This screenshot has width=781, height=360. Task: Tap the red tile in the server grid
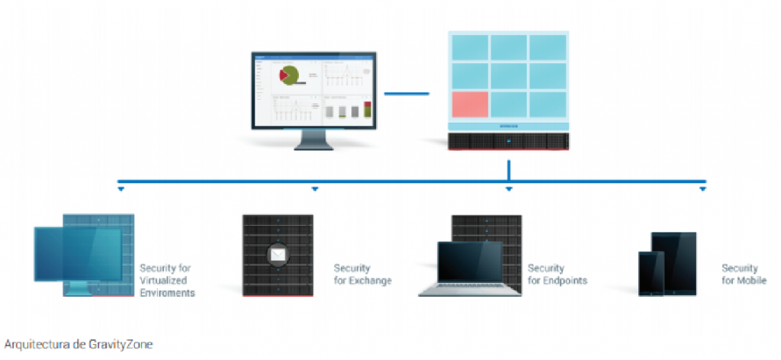[469, 104]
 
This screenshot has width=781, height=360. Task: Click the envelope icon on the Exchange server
[278, 255]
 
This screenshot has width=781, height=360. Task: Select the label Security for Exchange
[362, 275]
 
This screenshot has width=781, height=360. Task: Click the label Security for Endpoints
[557, 275]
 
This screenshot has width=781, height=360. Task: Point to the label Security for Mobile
[744, 275]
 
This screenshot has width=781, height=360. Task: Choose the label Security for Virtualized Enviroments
[167, 280]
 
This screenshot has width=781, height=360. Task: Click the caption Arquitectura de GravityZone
[79, 345]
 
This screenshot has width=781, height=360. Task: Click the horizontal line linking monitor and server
[407, 94]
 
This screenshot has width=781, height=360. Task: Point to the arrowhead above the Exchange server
[314, 188]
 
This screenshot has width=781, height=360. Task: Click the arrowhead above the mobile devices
[703, 188]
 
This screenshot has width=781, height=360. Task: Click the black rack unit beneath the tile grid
[508, 142]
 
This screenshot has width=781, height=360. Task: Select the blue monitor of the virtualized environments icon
[78, 256]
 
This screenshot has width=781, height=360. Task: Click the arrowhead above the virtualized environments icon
[120, 188]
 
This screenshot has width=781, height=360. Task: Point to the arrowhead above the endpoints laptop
[509, 188]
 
